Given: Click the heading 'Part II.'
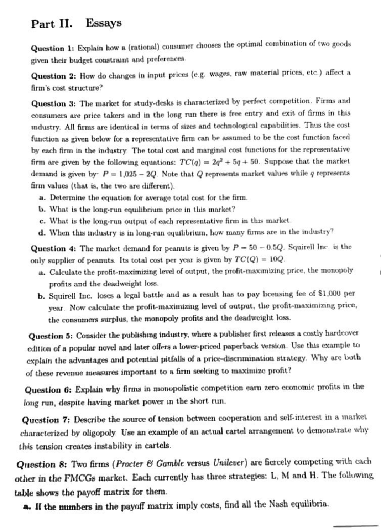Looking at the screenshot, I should [51, 24].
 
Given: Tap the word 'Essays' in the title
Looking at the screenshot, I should [104, 23].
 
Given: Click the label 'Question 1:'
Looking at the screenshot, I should [52, 49].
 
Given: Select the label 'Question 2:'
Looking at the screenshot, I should [53, 76].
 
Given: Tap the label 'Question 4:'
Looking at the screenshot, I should [53, 248].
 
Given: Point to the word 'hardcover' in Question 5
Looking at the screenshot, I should [344, 334].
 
